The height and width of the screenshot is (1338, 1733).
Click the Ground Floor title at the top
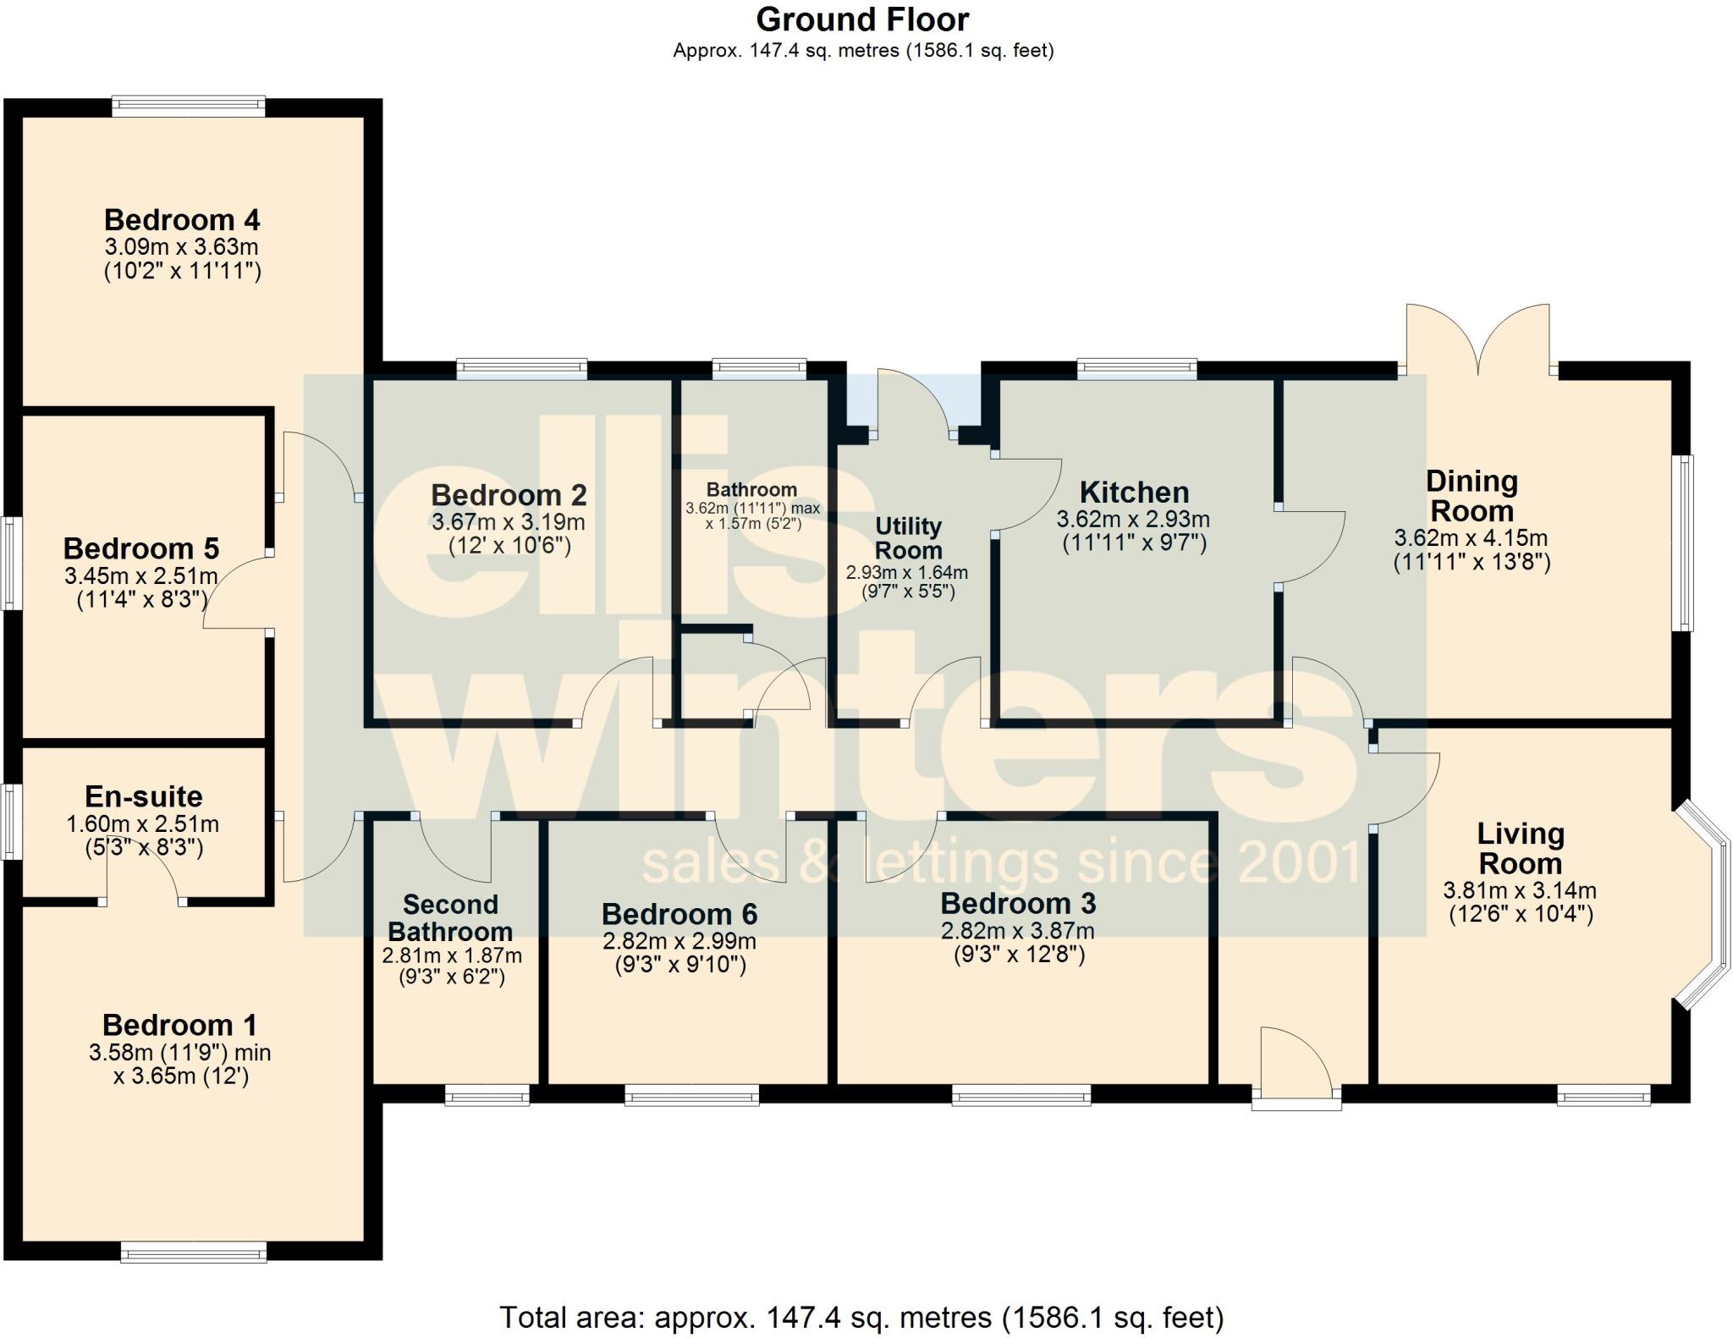coord(862,19)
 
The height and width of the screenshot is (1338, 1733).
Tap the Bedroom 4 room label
coord(182,220)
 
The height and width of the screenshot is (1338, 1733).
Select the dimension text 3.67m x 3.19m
coord(508,522)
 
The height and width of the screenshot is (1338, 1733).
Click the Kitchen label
coord(1134,493)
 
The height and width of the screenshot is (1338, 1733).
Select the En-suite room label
coord(144,796)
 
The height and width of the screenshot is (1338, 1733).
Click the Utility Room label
coord(908,538)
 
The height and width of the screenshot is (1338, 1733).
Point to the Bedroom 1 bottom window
coord(194,1252)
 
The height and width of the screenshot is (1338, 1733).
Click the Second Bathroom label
coord(450,918)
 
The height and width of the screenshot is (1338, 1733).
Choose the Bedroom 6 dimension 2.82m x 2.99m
coord(679,941)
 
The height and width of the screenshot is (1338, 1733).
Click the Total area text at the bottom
coord(861,1317)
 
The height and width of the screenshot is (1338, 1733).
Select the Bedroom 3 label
coord(1018,904)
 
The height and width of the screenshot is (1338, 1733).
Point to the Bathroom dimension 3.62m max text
coord(752,509)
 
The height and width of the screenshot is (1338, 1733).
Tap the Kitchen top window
coord(1136,368)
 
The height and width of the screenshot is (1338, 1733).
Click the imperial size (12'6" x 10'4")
coord(1521,914)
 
